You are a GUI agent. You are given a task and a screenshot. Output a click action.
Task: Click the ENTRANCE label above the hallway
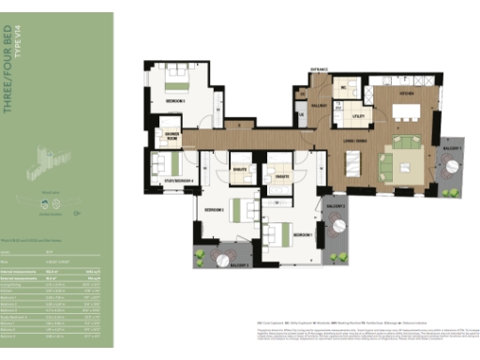click(x=319, y=70)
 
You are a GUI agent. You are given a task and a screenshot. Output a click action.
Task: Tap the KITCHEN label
click(x=408, y=94)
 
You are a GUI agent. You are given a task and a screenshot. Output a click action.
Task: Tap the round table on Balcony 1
click(x=450, y=175)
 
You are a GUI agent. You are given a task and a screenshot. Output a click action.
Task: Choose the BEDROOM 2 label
click(x=214, y=210)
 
